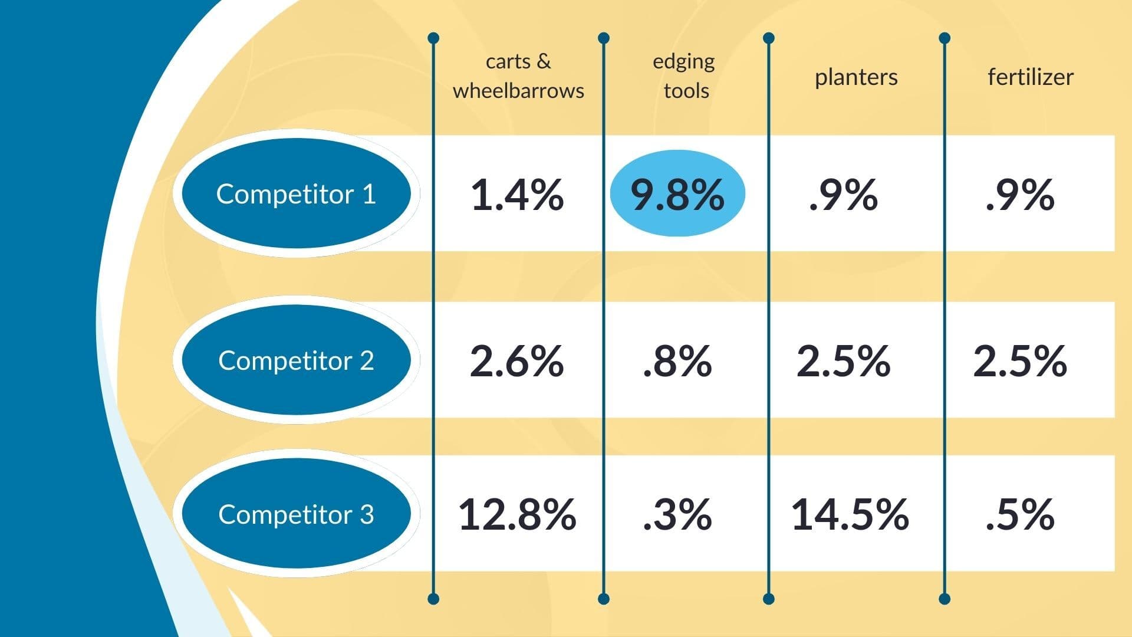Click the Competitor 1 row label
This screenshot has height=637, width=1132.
pos(296,193)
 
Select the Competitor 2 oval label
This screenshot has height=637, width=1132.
pos(296,360)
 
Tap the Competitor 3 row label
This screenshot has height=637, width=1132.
pos(296,514)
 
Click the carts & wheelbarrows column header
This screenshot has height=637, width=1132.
pos(518,75)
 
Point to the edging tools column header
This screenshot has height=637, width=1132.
pos(684,75)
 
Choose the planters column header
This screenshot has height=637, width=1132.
pos(856,77)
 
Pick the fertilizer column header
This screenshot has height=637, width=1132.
pos(1031,77)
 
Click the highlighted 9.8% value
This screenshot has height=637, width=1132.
pos(677,194)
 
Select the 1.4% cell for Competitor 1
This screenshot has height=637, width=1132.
pos(517,195)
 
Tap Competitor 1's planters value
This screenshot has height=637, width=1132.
pos(843,195)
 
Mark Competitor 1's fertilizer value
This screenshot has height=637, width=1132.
pos(1020,195)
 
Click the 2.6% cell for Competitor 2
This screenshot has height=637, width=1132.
pos(517,361)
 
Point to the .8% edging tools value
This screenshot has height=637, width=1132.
pos(677,361)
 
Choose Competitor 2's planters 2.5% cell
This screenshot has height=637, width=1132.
pos(843,361)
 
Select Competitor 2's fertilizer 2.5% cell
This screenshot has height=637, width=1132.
pos(1020,361)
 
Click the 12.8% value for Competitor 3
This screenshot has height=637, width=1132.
pos(517,514)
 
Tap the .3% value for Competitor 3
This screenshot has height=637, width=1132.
pos(677,514)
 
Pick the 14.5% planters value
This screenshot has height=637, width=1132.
pos(850,514)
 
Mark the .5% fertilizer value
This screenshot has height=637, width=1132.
pos(1020,514)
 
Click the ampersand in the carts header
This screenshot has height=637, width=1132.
pos(544,61)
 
